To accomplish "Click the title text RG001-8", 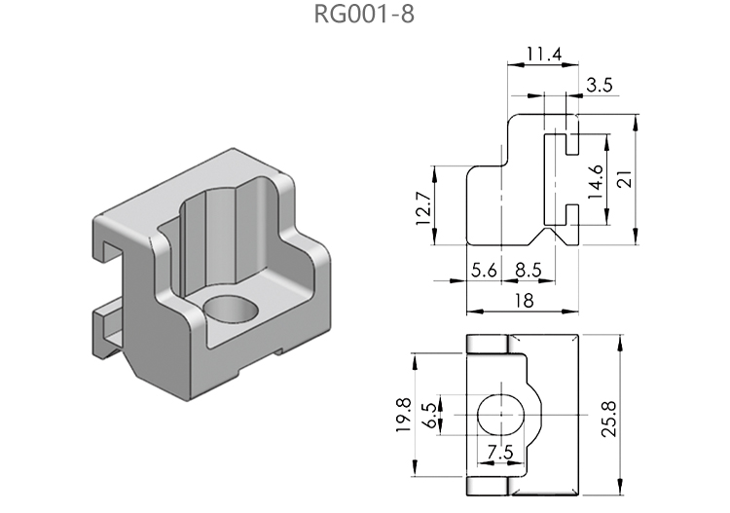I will [x=364, y=17].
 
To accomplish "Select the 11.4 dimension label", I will [x=542, y=54].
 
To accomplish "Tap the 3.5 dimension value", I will [x=601, y=86].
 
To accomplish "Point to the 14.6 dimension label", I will [x=596, y=181].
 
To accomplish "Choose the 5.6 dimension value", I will [x=484, y=272].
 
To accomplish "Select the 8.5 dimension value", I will [x=529, y=272].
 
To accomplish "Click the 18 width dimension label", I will [x=523, y=301].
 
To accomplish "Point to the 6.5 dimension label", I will [x=429, y=416].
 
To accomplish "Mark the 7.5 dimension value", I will [x=499, y=452].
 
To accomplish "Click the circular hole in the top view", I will [x=500, y=414].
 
